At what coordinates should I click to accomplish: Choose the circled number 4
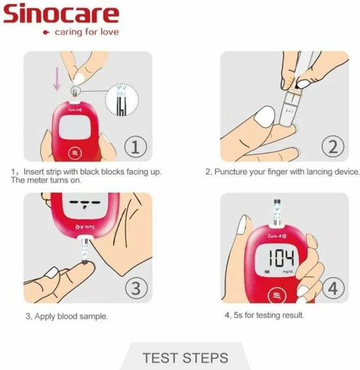[333, 287]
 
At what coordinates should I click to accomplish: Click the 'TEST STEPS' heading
[185, 358]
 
